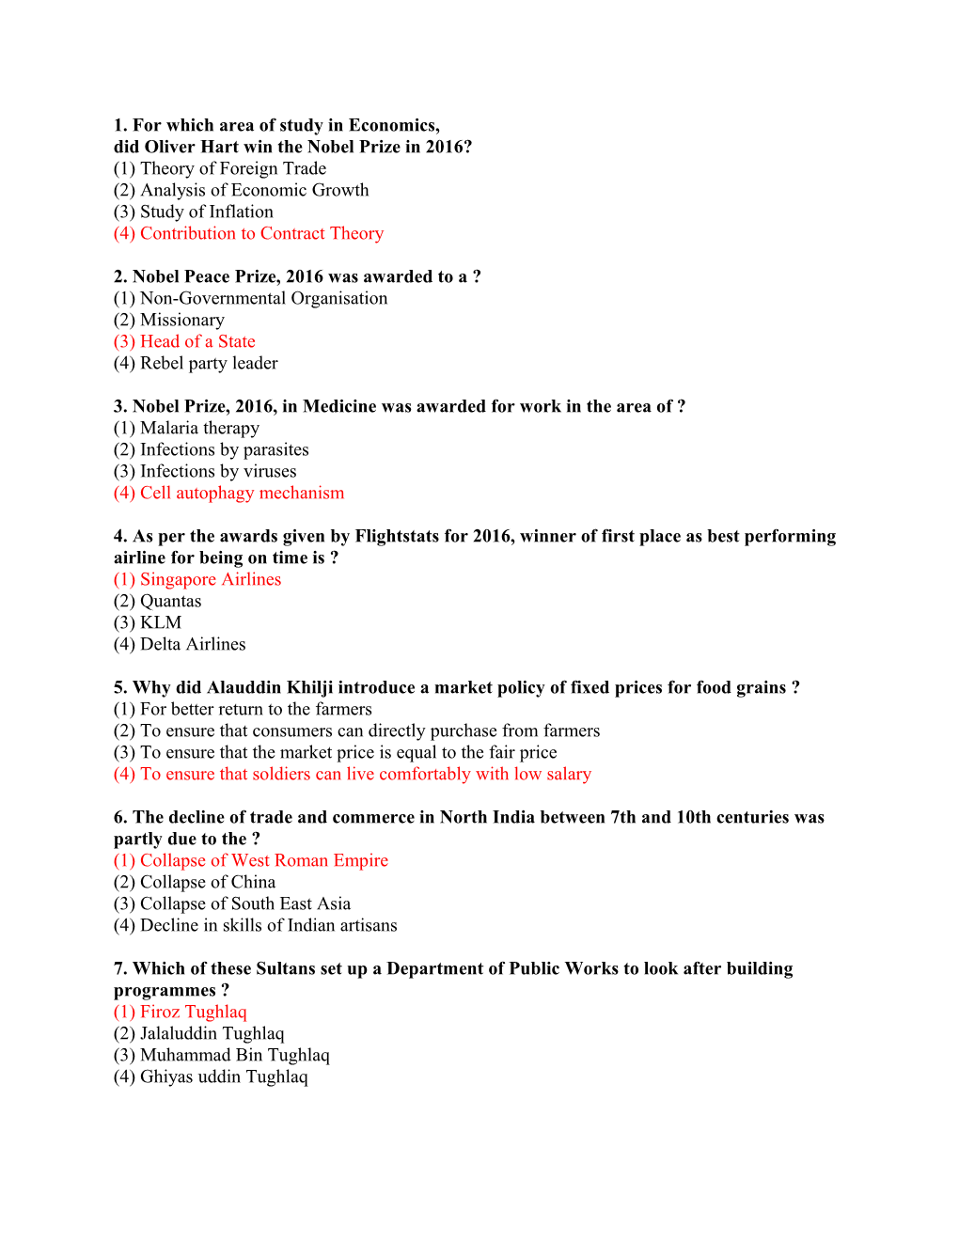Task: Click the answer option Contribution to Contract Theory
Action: (248, 233)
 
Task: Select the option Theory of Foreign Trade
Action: (220, 168)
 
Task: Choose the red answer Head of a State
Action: (184, 341)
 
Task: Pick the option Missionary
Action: (169, 320)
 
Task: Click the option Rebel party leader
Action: (196, 363)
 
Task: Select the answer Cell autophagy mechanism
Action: (228, 493)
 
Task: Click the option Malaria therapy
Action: (186, 428)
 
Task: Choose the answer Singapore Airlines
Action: (197, 579)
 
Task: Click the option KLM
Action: (148, 622)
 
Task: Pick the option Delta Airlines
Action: (180, 644)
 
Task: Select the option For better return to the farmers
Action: (243, 709)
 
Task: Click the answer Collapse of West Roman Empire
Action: (251, 860)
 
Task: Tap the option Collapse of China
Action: (195, 882)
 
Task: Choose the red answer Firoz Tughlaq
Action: (181, 1012)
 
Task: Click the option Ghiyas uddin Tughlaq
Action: (211, 1076)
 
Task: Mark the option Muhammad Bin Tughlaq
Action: (222, 1055)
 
